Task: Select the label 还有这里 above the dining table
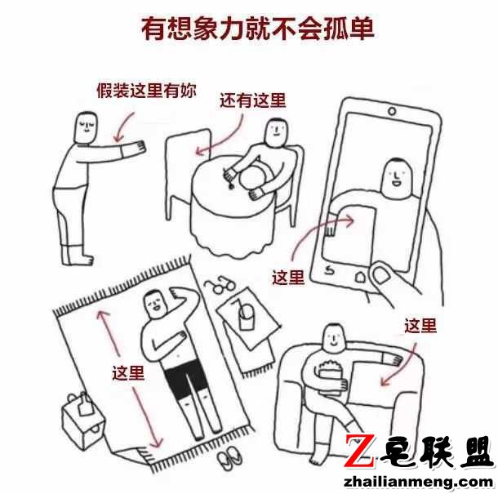coord(253,100)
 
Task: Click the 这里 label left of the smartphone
coord(287,277)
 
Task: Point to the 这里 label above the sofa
coord(420,327)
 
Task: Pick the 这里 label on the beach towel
coord(128,373)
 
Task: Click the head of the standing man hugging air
coord(82,127)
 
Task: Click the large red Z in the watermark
coord(359,452)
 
